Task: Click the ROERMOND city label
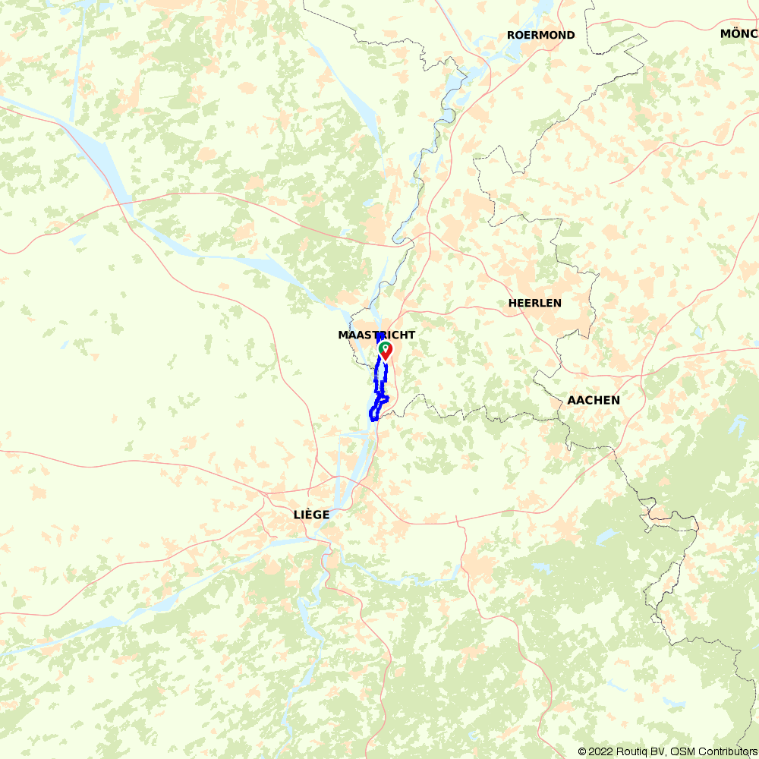541,35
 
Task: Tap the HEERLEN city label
535,303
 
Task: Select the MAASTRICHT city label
376,335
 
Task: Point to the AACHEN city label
594,400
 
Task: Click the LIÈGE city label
311,515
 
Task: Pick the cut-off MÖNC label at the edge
739,33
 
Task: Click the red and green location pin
385,350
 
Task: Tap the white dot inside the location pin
385,348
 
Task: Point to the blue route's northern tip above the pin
379,336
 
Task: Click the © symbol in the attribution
583,751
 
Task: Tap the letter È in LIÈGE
307,515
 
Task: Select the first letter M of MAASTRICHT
342,335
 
